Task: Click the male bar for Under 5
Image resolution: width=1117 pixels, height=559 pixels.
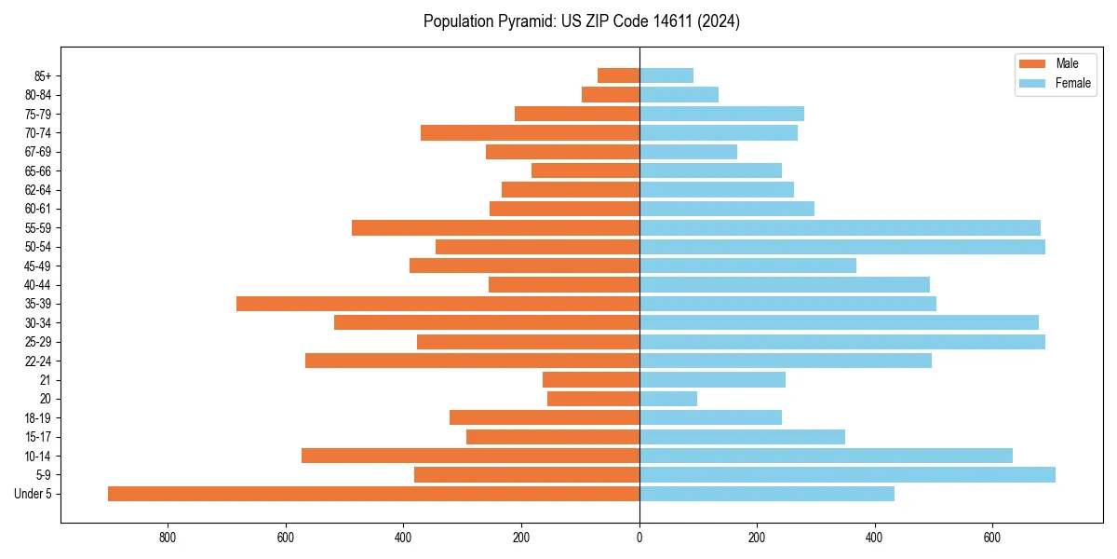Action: click(373, 494)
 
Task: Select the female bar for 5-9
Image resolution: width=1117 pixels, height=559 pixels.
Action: click(847, 474)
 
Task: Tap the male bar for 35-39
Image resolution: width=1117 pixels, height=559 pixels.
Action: click(437, 304)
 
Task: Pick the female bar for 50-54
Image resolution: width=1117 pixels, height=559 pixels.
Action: click(842, 247)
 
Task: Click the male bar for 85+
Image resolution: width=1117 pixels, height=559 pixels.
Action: click(618, 75)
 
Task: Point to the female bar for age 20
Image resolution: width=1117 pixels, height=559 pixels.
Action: click(668, 399)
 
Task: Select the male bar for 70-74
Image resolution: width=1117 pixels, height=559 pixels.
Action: click(530, 132)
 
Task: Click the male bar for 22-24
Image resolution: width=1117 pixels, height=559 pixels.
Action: click(472, 361)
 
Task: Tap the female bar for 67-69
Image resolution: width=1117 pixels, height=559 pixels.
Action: click(688, 152)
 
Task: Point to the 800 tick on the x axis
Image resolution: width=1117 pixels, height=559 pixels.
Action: click(168, 538)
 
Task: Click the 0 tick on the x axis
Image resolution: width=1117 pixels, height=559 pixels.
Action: click(639, 538)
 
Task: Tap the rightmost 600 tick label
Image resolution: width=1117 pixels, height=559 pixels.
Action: click(992, 538)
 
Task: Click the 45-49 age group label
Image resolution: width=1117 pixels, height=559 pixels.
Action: click(38, 266)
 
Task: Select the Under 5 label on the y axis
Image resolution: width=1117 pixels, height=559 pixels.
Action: click(33, 494)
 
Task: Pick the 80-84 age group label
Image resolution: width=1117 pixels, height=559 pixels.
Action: click(38, 95)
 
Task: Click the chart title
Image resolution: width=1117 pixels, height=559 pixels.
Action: click(582, 21)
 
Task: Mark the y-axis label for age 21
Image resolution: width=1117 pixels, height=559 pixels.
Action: click(46, 380)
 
